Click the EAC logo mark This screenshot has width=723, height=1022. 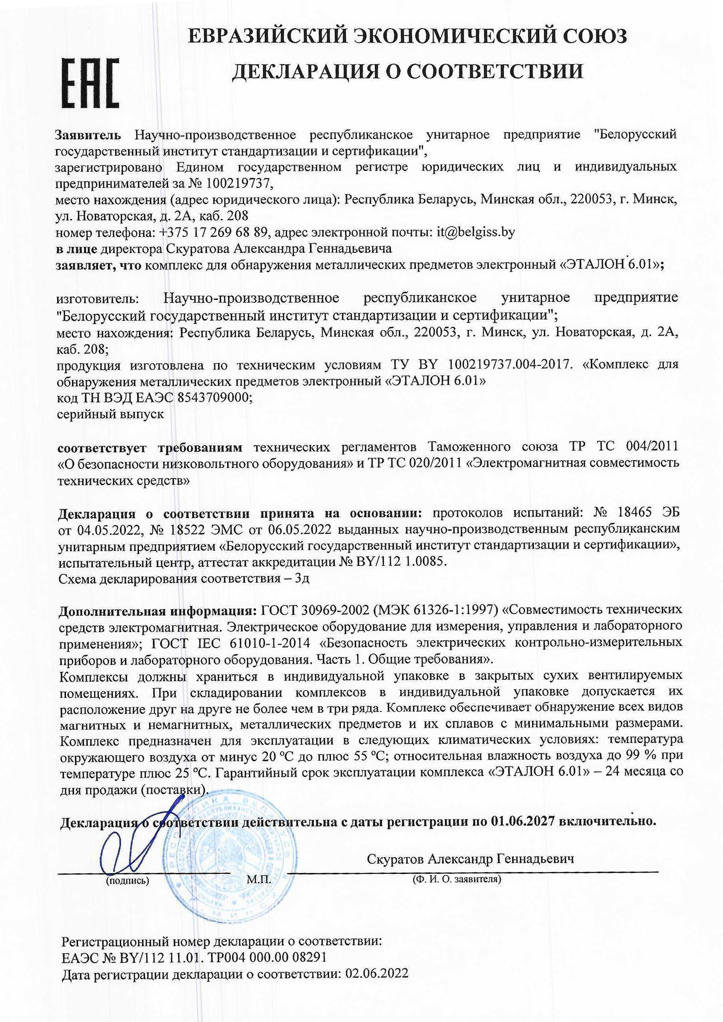pyautogui.click(x=91, y=84)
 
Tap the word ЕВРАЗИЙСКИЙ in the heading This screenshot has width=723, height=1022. pyautogui.click(x=267, y=36)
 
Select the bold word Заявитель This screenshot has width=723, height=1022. pyautogui.click(x=88, y=135)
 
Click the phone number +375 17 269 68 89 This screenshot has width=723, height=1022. pyautogui.click(x=213, y=232)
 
